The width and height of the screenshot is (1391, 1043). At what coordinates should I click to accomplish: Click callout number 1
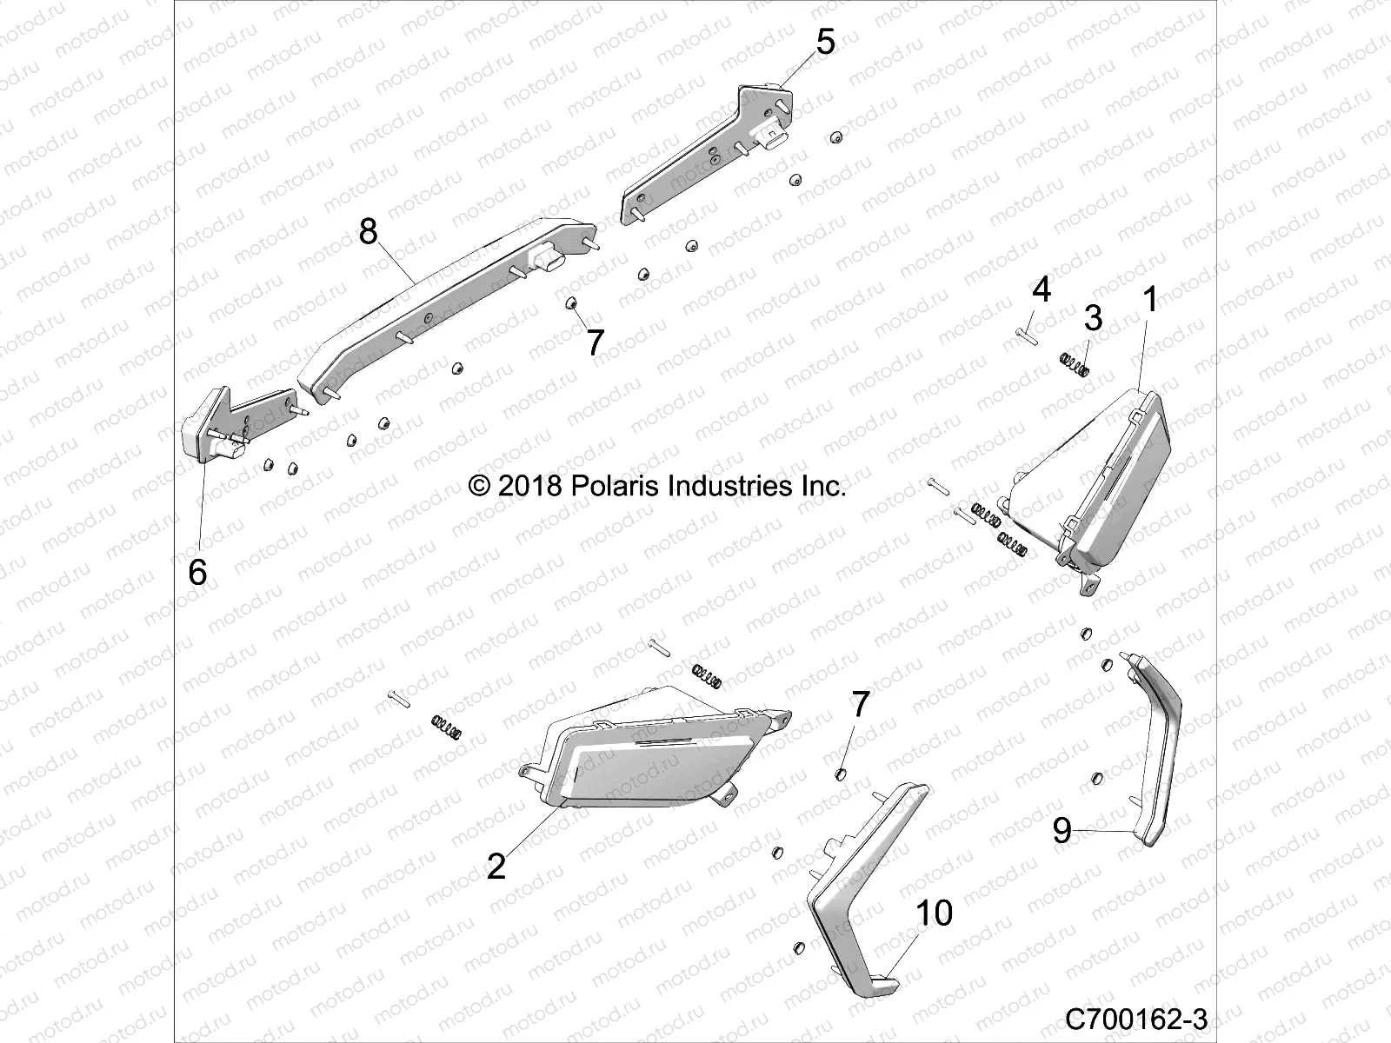pos(1149,301)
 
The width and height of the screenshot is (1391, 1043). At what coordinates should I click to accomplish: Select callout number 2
pos(496,866)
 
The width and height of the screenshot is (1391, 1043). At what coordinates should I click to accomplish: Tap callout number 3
pos(1093,318)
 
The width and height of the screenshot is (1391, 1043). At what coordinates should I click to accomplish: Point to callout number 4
pos(1042,289)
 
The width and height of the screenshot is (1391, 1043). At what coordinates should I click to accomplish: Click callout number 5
pos(824,42)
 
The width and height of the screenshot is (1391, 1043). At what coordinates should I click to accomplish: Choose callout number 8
pos(369,232)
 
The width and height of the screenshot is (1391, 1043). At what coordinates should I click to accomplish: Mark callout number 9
pos(1062,831)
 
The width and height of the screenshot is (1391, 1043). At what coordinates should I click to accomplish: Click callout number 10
pos(934,913)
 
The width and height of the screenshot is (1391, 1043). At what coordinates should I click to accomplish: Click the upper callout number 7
pos(595,342)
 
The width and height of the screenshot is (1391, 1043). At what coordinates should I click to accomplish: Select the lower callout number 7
pos(859,706)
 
